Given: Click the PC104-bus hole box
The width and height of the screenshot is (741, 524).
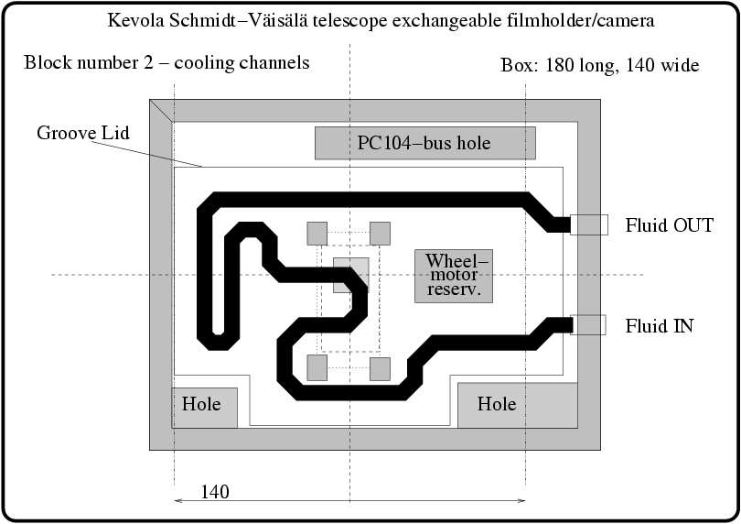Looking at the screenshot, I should tap(424, 143).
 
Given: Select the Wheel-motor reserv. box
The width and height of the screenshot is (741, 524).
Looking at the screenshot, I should tap(453, 276).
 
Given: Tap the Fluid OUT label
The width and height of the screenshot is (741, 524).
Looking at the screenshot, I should tap(669, 225).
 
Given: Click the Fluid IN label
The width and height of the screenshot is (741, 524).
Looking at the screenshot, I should tap(660, 325).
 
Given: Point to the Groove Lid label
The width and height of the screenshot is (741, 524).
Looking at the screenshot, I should tap(83, 133).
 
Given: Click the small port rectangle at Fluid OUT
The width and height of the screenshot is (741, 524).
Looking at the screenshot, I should tap(589, 224).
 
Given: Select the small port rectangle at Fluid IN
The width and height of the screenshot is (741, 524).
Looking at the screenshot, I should tap(588, 324).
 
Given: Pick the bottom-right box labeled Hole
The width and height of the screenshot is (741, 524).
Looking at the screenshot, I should tap(517, 405).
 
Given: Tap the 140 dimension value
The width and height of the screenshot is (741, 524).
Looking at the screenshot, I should tap(213, 492).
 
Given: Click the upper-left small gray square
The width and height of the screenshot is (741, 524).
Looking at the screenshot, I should tap(317, 234).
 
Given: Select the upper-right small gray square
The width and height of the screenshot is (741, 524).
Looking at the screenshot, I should tap(380, 234).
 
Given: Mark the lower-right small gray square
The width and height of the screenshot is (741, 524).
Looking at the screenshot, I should tap(380, 368).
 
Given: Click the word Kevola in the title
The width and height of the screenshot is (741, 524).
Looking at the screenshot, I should tap(136, 19).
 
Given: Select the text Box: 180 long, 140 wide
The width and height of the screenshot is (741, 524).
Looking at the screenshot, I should tap(600, 65).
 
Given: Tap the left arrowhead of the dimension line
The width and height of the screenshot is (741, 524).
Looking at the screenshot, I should tap(177, 500).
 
